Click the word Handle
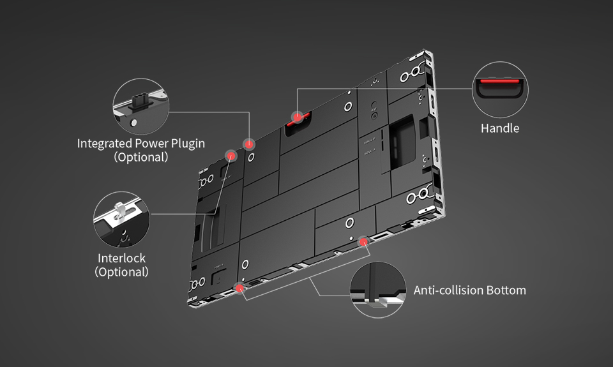pos(499,128)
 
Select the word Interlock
pos(121,258)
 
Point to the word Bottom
pos(506,290)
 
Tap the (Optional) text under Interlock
pos(121,272)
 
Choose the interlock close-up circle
pos(121,220)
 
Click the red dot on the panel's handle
pos(297,117)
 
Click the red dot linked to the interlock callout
pos(231,155)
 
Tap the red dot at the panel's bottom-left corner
pos(240,288)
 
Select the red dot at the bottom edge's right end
pos(364,241)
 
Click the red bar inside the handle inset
pos(499,82)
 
